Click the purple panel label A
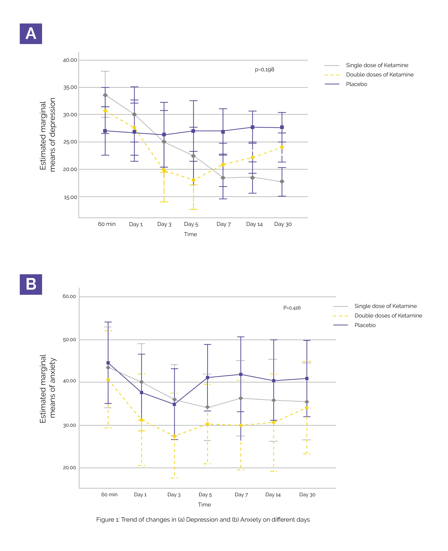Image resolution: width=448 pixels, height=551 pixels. (31, 34)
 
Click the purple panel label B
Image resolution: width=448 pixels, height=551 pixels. (31, 284)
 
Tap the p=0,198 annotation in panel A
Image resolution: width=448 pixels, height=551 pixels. (264, 70)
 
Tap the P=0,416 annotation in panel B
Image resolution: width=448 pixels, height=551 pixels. (292, 308)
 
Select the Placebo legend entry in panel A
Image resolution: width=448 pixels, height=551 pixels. (356, 84)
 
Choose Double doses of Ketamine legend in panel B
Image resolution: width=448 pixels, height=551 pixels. (388, 316)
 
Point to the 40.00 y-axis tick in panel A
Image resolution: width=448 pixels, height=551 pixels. (70, 60)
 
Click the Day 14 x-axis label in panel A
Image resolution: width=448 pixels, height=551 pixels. (254, 224)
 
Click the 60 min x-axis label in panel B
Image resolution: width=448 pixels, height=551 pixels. (109, 495)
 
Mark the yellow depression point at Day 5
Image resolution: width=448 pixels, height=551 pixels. (193, 180)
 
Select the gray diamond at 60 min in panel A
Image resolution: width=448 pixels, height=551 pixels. (105, 95)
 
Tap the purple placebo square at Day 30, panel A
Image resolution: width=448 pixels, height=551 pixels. (282, 127)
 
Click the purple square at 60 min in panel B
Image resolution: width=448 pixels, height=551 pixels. (108, 363)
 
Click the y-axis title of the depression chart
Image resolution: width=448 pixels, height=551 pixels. (47, 135)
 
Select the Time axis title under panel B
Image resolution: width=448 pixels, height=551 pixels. (204, 505)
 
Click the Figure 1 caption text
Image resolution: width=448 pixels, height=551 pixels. (203, 520)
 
